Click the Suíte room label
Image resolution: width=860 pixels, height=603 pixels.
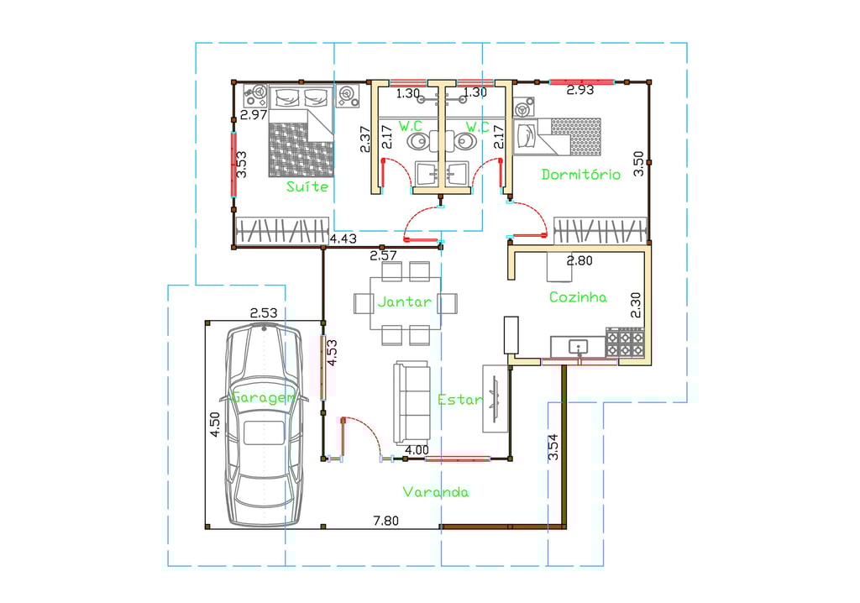pyautogui.click(x=307, y=186)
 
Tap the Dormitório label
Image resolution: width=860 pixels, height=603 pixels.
pyautogui.click(x=581, y=175)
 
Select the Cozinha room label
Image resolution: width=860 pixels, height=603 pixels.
pyautogui.click(x=578, y=297)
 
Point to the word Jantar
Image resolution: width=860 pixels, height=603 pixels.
pyautogui.click(x=404, y=301)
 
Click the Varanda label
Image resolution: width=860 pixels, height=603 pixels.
pyautogui.click(x=436, y=491)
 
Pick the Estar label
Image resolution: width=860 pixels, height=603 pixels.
pyautogui.click(x=459, y=400)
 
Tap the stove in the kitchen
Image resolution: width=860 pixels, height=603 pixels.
pyautogui.click(x=625, y=343)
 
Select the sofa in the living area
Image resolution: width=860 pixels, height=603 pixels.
pyautogui.click(x=412, y=402)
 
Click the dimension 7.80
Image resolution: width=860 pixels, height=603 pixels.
pyautogui.click(x=386, y=521)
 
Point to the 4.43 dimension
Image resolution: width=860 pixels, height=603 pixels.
pyautogui.click(x=343, y=239)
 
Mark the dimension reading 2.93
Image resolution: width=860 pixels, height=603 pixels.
pyautogui.click(x=580, y=90)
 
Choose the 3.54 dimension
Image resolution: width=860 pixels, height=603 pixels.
pyautogui.click(x=553, y=447)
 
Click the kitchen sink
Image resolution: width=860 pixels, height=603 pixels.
pyautogui.click(x=579, y=347)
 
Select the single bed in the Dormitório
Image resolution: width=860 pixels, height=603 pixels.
pyautogui.click(x=558, y=137)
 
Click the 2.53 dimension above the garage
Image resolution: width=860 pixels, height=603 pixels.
pyautogui.click(x=264, y=312)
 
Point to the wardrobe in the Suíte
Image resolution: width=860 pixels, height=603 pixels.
pyautogui.click(x=282, y=230)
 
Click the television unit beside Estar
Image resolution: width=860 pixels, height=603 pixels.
pyautogui.click(x=496, y=398)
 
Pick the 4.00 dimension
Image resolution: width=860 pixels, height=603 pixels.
pyautogui.click(x=417, y=450)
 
